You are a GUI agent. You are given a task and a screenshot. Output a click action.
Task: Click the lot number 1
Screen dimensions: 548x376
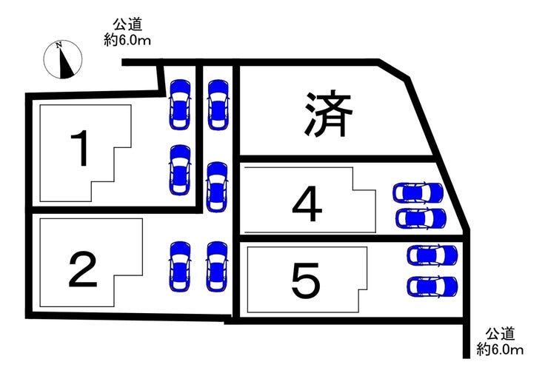tap(80, 148)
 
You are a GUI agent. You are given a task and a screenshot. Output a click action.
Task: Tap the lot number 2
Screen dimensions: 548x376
tap(83, 269)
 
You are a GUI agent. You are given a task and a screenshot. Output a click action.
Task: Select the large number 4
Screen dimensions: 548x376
tap(307, 204)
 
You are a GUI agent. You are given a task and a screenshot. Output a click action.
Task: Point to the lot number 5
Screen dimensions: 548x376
tap(306, 282)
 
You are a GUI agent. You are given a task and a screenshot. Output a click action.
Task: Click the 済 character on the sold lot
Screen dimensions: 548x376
tap(327, 114)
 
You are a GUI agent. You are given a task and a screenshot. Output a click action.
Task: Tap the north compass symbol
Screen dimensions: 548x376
tap(63, 60)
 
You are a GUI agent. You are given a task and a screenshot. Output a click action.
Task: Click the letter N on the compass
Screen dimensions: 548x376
tap(59, 44)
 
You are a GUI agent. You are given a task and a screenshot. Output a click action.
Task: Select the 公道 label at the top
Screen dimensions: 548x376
tap(127, 25)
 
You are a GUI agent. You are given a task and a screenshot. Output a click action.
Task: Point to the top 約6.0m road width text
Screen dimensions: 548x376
tap(127, 40)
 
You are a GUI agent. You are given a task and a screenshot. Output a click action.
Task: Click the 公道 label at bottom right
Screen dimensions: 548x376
tap(500, 334)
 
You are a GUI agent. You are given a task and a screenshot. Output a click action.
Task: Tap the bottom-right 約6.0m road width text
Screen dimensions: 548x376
tap(500, 349)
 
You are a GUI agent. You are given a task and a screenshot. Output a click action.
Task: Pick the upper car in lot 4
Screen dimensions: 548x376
tap(418, 192)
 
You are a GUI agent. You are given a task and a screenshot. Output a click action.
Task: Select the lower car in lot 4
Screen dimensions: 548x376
tap(421, 218)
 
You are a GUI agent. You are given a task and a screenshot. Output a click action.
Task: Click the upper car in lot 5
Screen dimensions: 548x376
tap(432, 255)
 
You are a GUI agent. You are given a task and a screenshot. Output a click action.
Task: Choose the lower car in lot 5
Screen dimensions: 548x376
tap(432, 286)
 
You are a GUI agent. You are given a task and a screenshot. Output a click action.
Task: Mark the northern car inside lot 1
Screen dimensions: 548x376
tap(181, 105)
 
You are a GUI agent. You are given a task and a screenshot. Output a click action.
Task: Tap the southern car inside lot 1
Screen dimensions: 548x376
tap(181, 169)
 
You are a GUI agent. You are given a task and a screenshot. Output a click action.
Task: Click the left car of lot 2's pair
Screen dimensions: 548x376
tap(181, 266)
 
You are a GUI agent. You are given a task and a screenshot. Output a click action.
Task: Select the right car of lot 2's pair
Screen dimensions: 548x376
tap(217, 266)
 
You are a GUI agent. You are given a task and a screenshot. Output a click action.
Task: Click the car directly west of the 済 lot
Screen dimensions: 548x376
tap(218, 105)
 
